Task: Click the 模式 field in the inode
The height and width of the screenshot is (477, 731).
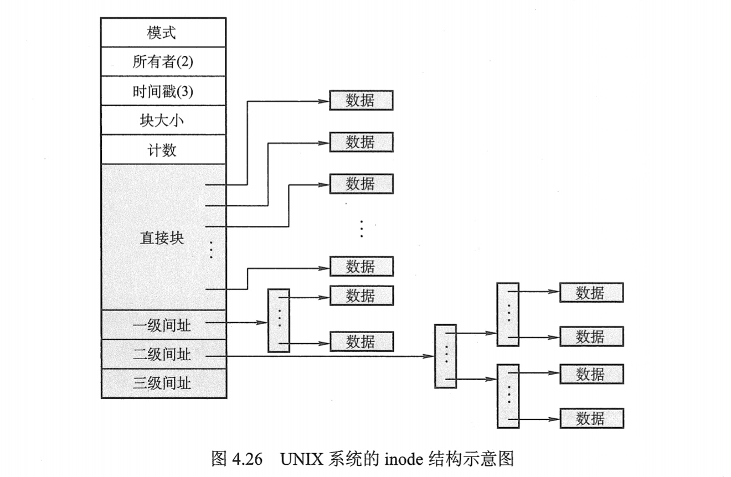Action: [x=163, y=33]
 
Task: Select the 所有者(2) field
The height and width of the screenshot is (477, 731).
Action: [x=163, y=62]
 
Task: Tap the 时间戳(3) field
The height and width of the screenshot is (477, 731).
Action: [x=163, y=91]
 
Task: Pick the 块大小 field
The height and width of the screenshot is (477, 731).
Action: [x=163, y=121]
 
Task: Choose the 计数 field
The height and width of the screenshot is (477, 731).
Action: [x=163, y=150]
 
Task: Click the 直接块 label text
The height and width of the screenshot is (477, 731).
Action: [x=162, y=239]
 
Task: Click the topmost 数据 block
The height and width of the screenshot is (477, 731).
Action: [x=361, y=100]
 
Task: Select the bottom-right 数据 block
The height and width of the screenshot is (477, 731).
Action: [x=591, y=418]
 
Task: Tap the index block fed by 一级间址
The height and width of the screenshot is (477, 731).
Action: [x=279, y=320]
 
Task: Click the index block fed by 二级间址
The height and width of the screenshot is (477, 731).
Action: [x=446, y=356]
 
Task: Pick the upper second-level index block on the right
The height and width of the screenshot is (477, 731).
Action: [x=508, y=314]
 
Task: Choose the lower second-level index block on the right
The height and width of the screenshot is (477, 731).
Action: [x=508, y=396]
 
